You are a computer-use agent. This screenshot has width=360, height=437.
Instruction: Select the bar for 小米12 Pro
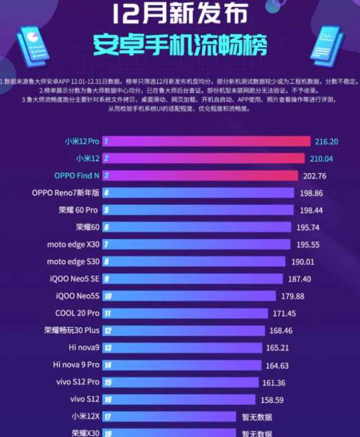click(207, 141)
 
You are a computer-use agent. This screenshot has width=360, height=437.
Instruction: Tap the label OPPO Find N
click(77, 176)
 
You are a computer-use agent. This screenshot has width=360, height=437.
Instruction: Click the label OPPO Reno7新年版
click(66, 193)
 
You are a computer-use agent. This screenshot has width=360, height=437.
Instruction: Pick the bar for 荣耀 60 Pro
click(198, 210)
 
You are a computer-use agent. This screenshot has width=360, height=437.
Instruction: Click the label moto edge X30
click(73, 244)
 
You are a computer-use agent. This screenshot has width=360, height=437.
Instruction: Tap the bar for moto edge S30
click(195, 262)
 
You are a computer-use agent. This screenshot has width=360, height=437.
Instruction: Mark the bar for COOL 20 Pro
click(185, 313)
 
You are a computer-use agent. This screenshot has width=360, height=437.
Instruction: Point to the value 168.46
click(282, 331)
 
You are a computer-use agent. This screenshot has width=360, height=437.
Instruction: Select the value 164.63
click(279, 365)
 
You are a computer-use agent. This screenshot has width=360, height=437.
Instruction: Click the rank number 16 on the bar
click(107, 399)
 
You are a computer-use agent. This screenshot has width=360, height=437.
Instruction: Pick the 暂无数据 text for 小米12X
click(257, 417)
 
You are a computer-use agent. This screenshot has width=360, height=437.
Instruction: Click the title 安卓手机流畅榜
click(180, 44)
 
